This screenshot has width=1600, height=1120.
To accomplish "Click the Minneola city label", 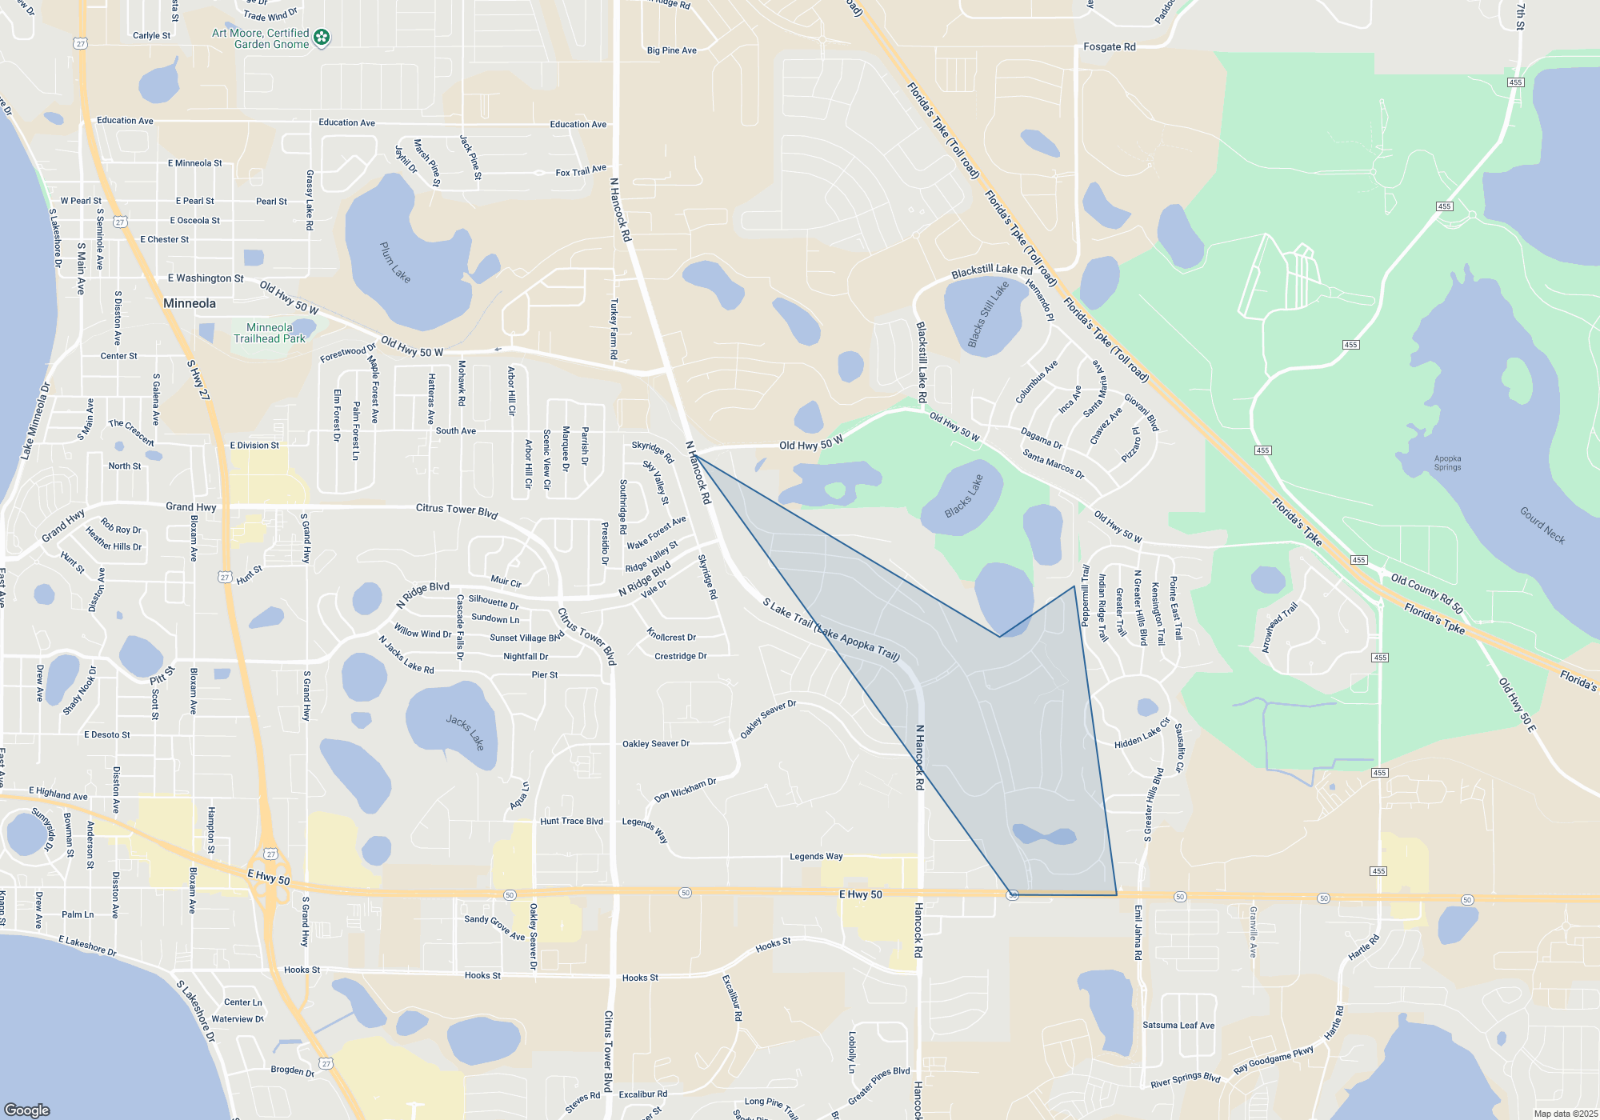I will tap(190, 303).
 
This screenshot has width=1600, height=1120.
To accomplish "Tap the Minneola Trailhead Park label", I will tap(270, 333).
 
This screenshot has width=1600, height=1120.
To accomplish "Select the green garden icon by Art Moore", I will tap(322, 38).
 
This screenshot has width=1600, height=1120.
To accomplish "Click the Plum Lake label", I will tap(395, 262).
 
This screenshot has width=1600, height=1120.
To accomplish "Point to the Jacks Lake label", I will tap(466, 732).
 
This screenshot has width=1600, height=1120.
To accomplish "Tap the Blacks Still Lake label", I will tap(988, 314).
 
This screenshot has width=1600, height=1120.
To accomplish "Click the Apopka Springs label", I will tap(1447, 463).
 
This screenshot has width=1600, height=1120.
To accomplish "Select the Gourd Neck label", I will tap(1542, 525).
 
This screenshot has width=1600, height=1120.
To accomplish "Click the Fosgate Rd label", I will tap(1110, 47).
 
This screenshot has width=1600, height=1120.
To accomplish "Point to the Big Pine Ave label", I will tap(672, 50).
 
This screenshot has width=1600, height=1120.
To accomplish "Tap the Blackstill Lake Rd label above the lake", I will tap(992, 271).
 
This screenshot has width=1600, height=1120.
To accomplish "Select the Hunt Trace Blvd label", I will tap(571, 821).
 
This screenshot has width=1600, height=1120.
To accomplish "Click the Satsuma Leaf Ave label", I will tap(1178, 1025).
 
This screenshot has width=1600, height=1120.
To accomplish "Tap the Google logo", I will tap(27, 1110).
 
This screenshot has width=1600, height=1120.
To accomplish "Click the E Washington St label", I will tap(206, 278).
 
